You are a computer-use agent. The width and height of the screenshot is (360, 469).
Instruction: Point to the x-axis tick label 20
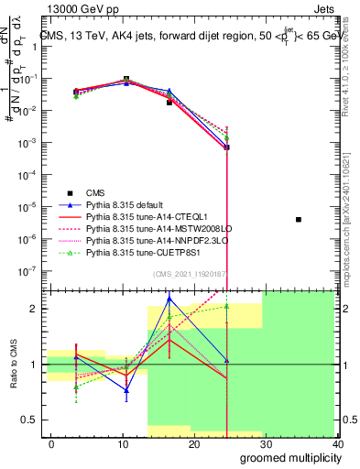(193, 444)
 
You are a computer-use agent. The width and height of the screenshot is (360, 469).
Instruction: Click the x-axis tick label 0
(51, 444)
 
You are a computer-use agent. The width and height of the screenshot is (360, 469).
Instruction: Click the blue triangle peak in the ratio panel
(169, 299)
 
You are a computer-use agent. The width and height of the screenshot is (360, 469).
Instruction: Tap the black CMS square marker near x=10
(126, 80)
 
